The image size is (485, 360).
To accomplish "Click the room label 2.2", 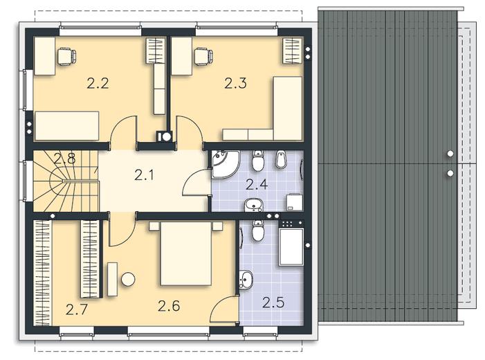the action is pyautogui.click(x=98, y=84).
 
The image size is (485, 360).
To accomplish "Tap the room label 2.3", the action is pyautogui.click(x=235, y=84).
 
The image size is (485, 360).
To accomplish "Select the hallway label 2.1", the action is pyautogui.click(x=144, y=175).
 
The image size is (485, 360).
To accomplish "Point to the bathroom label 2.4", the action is pyautogui.click(x=257, y=184).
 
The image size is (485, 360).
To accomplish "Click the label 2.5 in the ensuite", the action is pyautogui.click(x=273, y=303).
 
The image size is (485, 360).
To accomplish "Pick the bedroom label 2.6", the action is pyautogui.click(x=169, y=306).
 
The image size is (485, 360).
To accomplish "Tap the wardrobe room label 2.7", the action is pyautogui.click(x=77, y=309).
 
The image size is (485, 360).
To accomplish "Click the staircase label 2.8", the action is pyautogui.click(x=64, y=159).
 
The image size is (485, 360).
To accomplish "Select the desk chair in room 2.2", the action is pyautogui.click(x=67, y=56).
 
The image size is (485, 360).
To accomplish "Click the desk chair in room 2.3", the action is pyautogui.click(x=203, y=56).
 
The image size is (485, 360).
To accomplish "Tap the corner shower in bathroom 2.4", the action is pyautogui.click(x=225, y=164).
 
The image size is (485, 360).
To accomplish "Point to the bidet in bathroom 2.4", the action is pyautogui.click(x=280, y=159).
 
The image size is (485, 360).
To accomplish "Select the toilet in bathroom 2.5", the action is pyautogui.click(x=257, y=231).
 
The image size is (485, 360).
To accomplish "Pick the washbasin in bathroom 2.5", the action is pyautogui.click(x=246, y=279).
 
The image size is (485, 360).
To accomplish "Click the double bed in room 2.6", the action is pyautogui.click(x=186, y=253).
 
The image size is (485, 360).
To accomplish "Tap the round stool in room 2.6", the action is pyautogui.click(x=128, y=279).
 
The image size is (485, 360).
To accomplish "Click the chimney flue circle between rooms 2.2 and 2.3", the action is pyautogui.click(x=167, y=137).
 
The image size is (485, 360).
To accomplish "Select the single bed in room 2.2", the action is pyautogui.click(x=67, y=126).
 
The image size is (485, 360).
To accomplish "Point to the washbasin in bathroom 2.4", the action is pyautogui.click(x=254, y=205).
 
